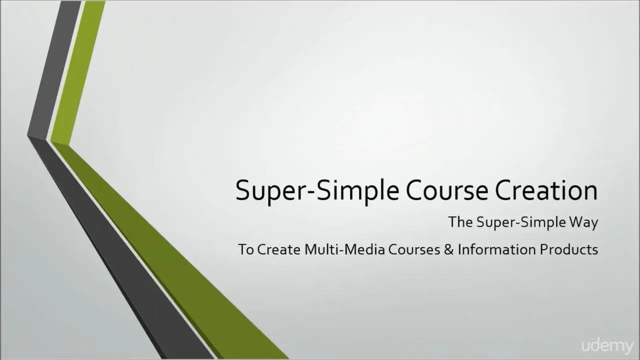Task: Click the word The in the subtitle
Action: tap(460, 222)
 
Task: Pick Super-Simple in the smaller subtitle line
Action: tap(521, 223)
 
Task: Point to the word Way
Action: tap(583, 223)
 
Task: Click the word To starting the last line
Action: tap(246, 249)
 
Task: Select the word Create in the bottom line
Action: tap(279, 249)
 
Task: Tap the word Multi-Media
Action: tap(344, 249)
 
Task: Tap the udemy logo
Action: tap(607, 346)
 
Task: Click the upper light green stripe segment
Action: tap(77, 73)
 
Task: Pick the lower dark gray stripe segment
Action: tap(120, 248)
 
